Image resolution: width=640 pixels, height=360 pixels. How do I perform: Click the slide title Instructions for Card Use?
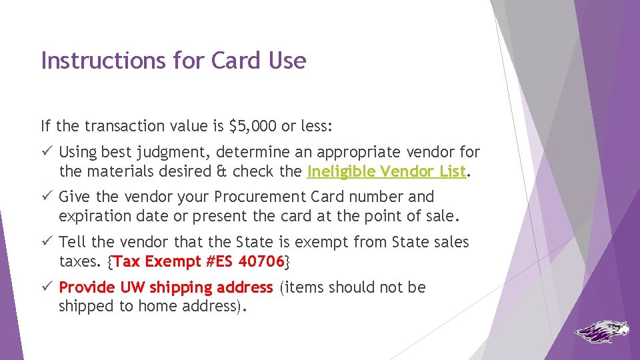click(173, 61)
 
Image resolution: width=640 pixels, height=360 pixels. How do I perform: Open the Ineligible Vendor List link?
click(386, 171)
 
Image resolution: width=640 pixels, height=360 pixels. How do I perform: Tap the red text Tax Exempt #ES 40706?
click(199, 261)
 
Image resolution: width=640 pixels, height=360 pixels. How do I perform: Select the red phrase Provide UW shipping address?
click(166, 288)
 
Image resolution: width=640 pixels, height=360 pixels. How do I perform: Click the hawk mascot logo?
click(601, 331)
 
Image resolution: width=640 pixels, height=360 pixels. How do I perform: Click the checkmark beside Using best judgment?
click(46, 153)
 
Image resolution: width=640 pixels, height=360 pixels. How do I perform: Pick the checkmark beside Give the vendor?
click(46, 197)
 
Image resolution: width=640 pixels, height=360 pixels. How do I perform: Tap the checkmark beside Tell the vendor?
click(46, 243)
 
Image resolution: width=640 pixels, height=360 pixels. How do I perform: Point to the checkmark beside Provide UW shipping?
click(46, 288)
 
